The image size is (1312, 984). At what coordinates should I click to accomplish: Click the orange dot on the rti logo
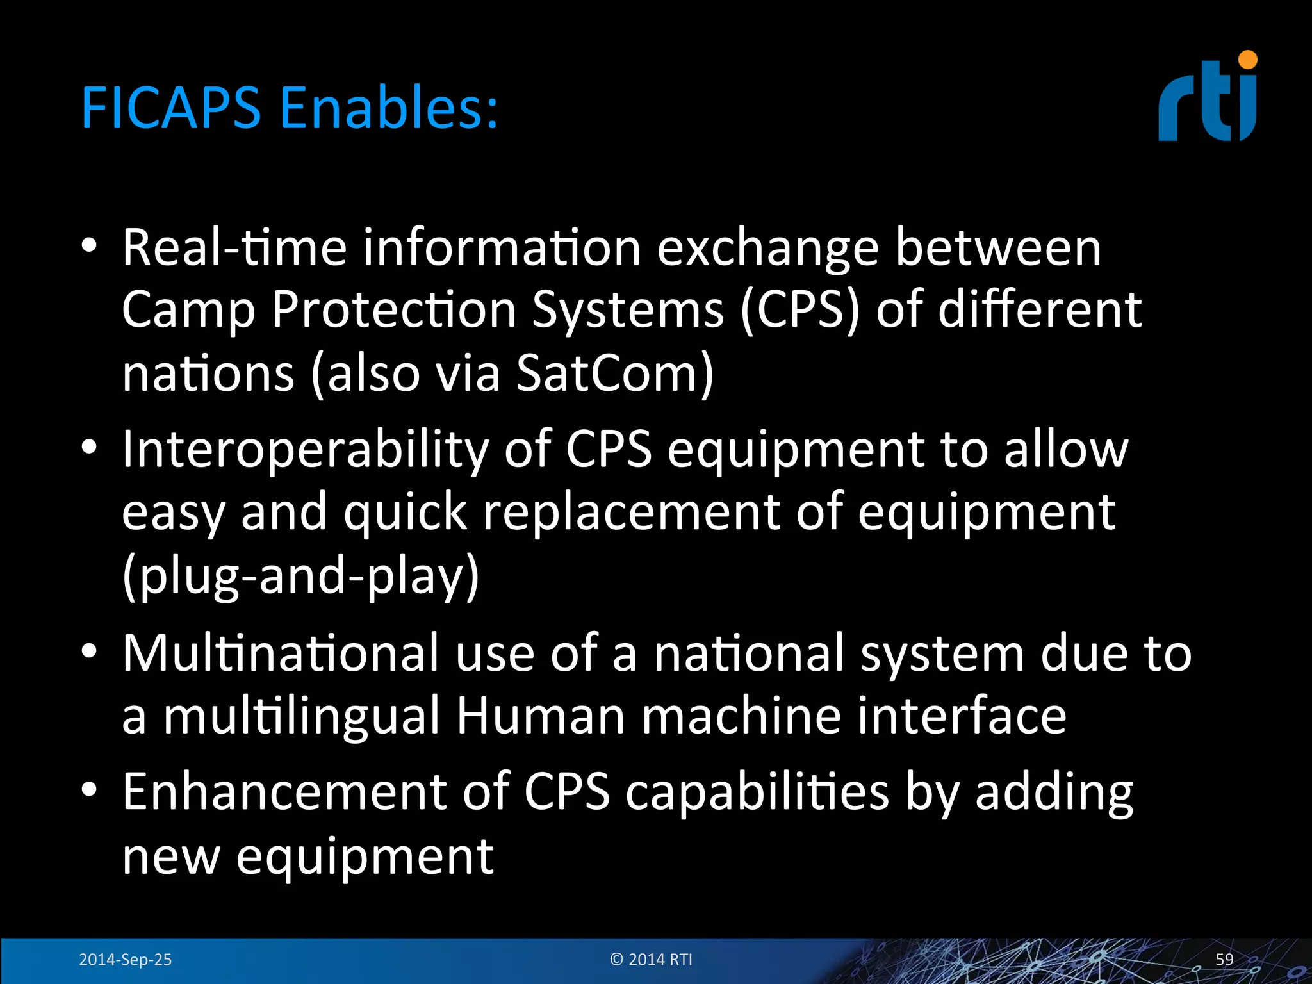pyautogui.click(x=1247, y=60)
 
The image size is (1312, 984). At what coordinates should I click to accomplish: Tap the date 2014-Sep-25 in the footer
pyautogui.click(x=125, y=959)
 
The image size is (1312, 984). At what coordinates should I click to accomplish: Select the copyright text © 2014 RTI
pyautogui.click(x=651, y=959)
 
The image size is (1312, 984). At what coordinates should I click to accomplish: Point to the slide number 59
pyautogui.click(x=1224, y=959)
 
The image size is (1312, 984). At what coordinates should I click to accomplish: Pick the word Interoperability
pyautogui.click(x=305, y=450)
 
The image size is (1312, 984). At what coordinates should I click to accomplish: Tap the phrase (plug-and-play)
pyautogui.click(x=300, y=575)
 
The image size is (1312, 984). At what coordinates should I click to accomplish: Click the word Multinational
pyautogui.click(x=281, y=653)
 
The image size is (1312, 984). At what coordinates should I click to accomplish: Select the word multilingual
pyautogui.click(x=301, y=716)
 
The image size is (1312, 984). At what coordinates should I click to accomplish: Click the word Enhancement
pyautogui.click(x=284, y=792)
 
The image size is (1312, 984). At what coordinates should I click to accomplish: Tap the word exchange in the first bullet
pyautogui.click(x=767, y=248)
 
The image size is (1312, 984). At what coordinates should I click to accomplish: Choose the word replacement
pyautogui.click(x=631, y=512)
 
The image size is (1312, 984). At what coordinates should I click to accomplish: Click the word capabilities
pyautogui.click(x=757, y=792)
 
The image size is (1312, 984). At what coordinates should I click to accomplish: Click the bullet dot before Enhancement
pyautogui.click(x=89, y=790)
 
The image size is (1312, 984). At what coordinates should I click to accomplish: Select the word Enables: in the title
pyautogui.click(x=388, y=108)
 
